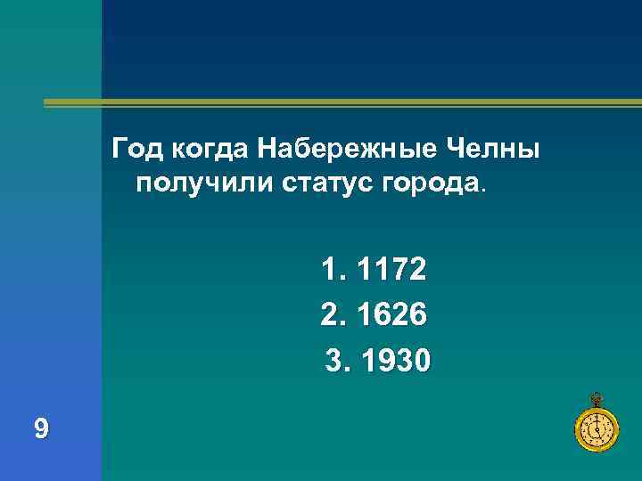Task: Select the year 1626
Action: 391,315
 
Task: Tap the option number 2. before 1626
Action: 331,315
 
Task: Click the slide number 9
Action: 41,430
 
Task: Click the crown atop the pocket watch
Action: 595,398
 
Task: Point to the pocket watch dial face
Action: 594,431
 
